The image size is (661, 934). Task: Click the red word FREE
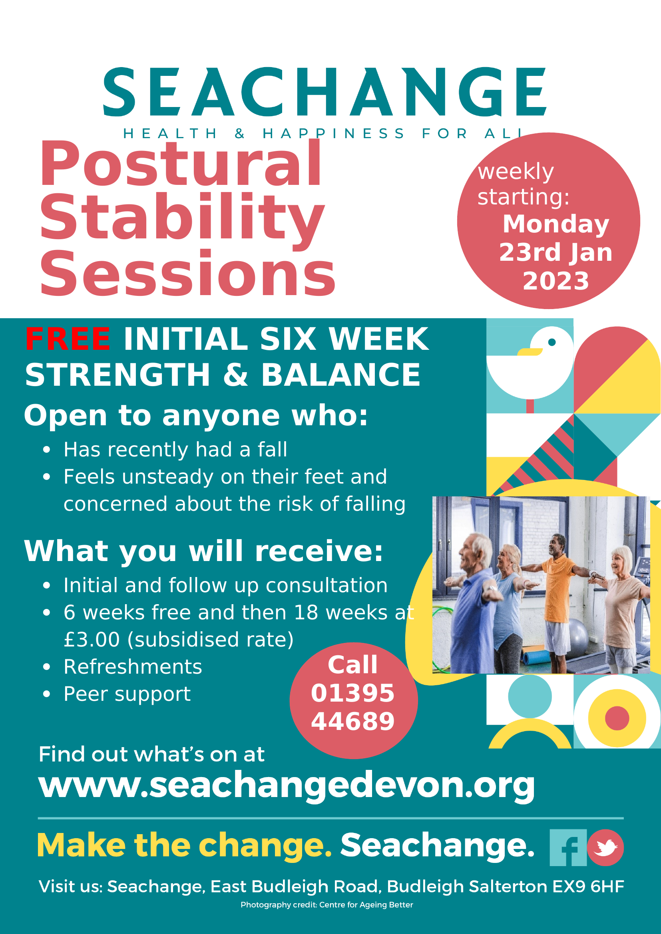(68, 339)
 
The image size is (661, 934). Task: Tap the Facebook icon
(568, 847)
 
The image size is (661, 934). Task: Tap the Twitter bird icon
(605, 848)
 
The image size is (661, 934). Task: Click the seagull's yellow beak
(530, 351)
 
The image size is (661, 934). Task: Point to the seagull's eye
(552, 342)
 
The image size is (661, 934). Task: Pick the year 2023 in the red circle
(555, 281)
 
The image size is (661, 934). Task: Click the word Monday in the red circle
(556, 224)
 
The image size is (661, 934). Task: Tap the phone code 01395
(353, 693)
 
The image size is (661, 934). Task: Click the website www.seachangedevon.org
(287, 785)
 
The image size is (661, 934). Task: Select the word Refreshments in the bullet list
(133, 667)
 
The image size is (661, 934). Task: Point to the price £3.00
(92, 639)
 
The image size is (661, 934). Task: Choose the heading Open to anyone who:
(196, 416)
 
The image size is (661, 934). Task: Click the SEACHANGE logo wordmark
(325, 92)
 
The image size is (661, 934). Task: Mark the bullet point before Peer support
(46, 694)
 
